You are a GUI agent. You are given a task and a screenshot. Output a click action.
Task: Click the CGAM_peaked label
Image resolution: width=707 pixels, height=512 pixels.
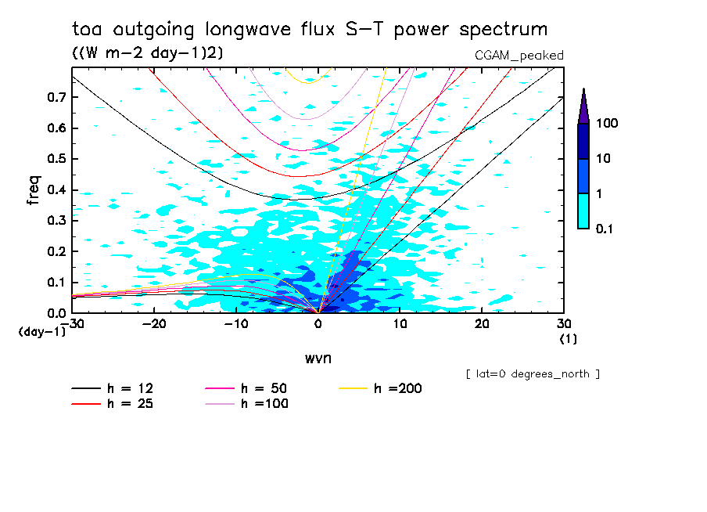tap(519, 55)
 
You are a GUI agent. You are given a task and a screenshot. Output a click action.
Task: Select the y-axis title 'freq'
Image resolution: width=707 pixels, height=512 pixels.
tap(34, 190)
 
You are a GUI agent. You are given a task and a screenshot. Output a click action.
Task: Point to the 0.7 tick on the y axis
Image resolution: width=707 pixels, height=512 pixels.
tap(57, 97)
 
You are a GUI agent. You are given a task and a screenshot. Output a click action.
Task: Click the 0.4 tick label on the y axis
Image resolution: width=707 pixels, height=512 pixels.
tap(57, 189)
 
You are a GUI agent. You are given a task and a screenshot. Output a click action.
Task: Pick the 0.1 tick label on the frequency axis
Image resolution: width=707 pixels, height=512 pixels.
tap(57, 282)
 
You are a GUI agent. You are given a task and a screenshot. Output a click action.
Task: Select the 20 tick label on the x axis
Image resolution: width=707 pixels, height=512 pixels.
tap(482, 324)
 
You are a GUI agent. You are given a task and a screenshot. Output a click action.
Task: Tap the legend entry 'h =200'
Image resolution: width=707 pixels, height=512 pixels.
tap(398, 388)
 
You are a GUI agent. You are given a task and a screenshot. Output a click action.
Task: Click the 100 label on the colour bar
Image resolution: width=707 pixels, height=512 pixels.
tap(608, 124)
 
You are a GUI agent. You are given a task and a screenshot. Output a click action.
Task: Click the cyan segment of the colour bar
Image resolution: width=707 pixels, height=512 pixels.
tap(583, 211)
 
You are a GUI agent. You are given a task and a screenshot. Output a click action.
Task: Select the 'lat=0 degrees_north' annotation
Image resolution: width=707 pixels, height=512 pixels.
tap(533, 374)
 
